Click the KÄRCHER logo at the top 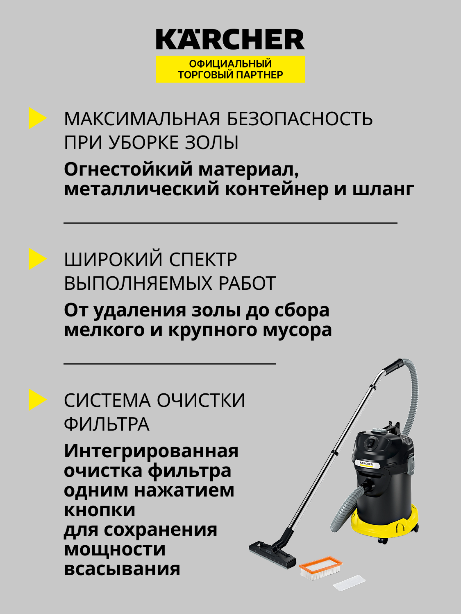click(x=230, y=40)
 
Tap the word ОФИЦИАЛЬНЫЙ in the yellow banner click(x=230, y=64)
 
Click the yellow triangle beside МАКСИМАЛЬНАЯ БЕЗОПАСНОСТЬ click(x=36, y=118)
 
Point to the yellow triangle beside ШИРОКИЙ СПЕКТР click(x=36, y=259)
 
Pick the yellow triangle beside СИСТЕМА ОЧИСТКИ click(x=36, y=400)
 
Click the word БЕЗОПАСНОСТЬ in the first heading click(x=300, y=119)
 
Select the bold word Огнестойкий click(x=128, y=169)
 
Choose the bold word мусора click(x=297, y=330)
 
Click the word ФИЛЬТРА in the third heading click(x=107, y=424)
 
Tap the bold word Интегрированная click(x=151, y=451)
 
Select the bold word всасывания click(x=122, y=569)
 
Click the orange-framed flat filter click(x=320, y=567)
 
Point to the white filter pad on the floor click(x=349, y=582)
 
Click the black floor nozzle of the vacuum click(x=272, y=553)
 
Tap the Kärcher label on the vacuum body click(x=366, y=464)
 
